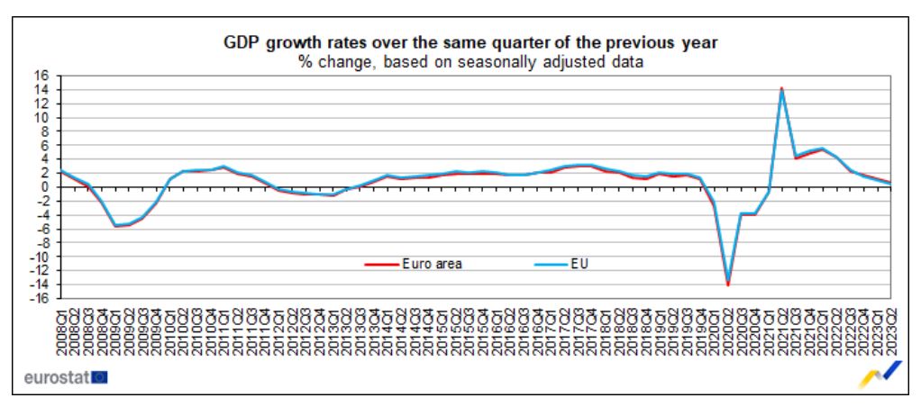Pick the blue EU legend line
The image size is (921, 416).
(545, 265)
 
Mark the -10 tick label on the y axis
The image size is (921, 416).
(40, 257)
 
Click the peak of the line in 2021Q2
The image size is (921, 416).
(782, 88)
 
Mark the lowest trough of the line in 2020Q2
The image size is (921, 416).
(728, 285)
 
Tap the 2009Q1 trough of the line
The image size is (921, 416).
(115, 226)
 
